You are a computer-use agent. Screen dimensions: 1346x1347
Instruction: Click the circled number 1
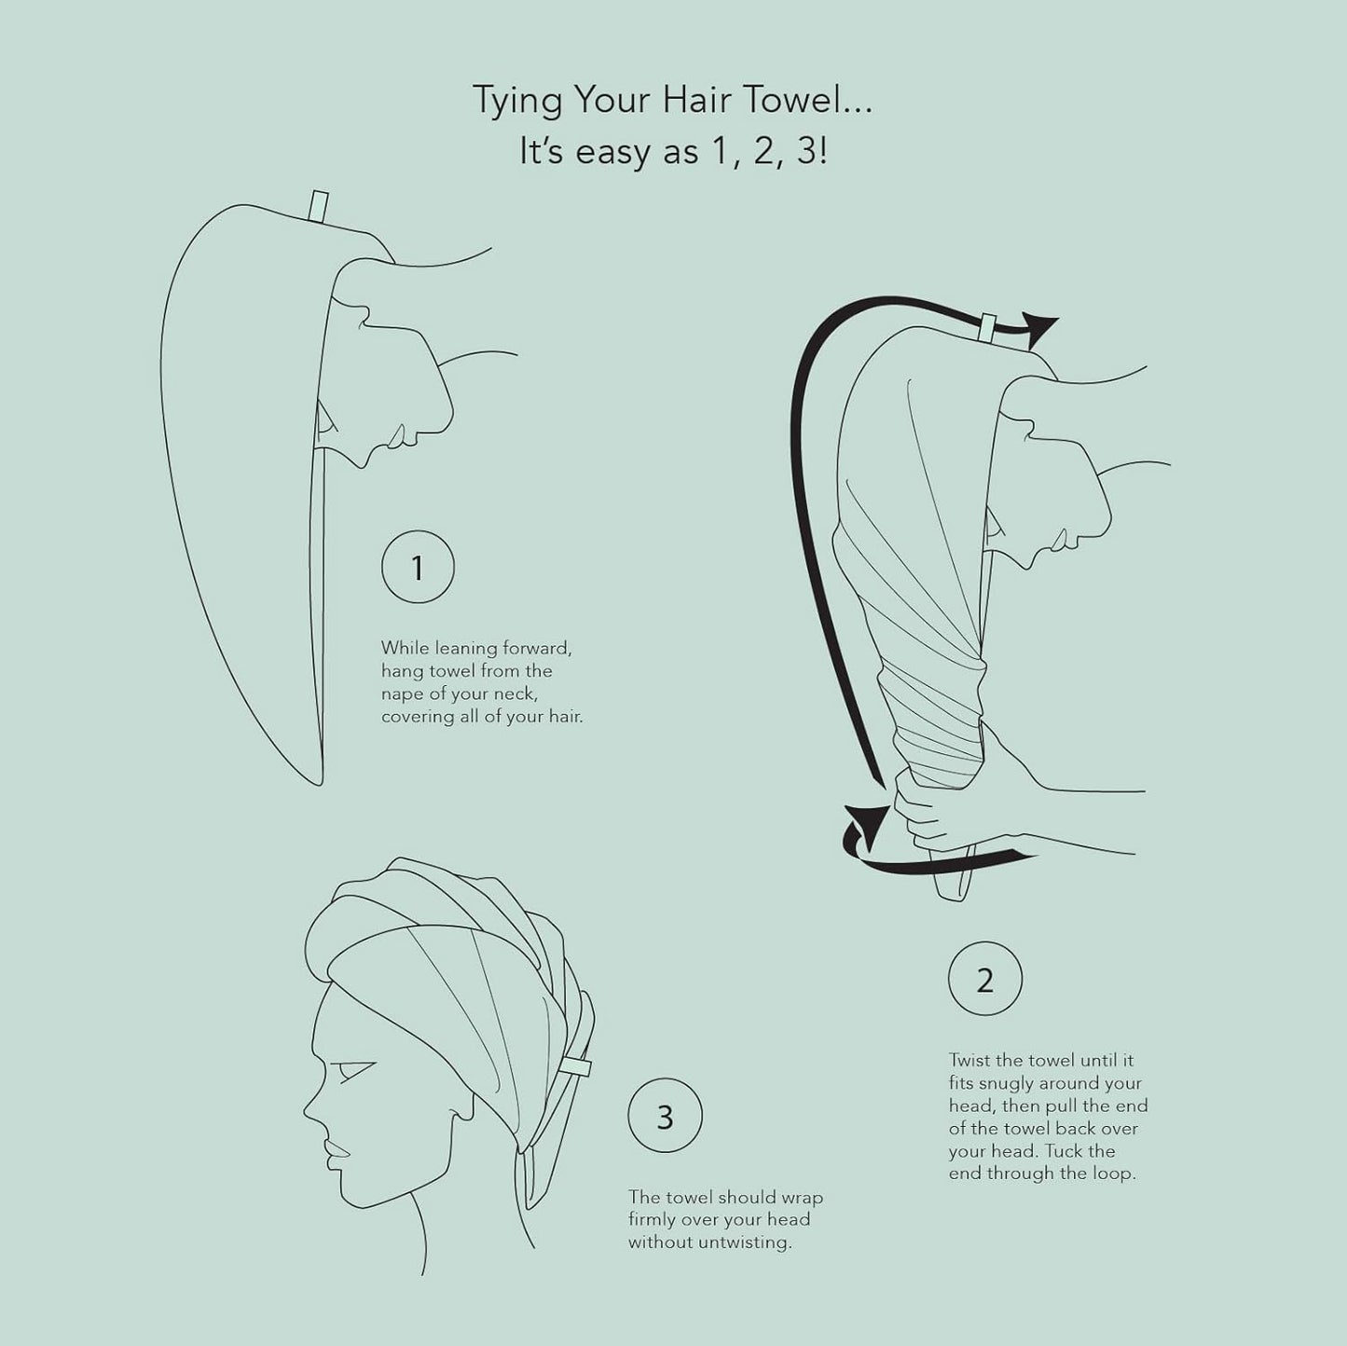(x=418, y=568)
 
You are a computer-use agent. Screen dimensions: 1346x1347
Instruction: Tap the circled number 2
(x=984, y=981)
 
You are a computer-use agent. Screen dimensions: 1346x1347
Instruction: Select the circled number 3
(x=665, y=1117)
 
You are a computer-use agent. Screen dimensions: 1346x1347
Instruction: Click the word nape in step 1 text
(x=402, y=694)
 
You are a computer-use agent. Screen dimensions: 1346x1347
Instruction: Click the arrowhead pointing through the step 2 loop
(x=1042, y=325)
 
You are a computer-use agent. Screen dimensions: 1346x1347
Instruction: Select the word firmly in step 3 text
(x=656, y=1219)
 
